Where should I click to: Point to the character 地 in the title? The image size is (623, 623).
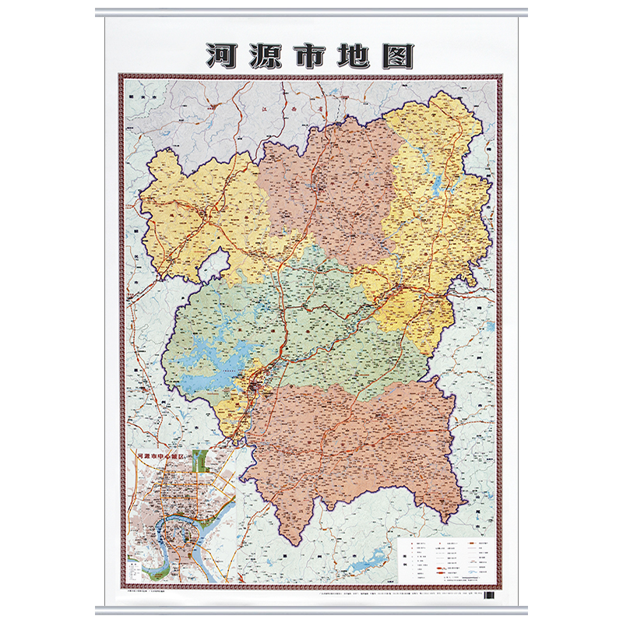pyautogui.click(x=355, y=55)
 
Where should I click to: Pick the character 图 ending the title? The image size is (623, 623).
pyautogui.click(x=399, y=55)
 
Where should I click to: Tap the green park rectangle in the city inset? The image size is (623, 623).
pyautogui.click(x=201, y=462)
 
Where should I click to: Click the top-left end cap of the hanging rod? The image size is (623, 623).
pyautogui.click(x=98, y=12)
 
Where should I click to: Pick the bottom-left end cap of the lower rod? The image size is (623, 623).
pyautogui.click(x=98, y=609)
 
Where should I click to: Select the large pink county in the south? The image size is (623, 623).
pyautogui.click(x=350, y=444)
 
